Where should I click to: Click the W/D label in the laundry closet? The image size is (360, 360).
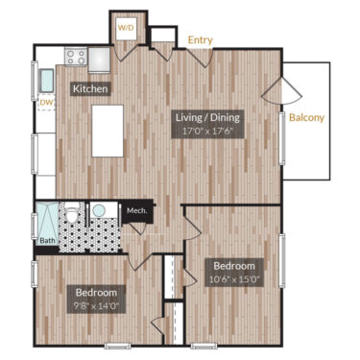126,28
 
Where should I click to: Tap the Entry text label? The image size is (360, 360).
201,40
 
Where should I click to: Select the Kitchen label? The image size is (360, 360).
89,89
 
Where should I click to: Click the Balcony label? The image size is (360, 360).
306,119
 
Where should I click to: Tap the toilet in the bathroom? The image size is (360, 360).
72,215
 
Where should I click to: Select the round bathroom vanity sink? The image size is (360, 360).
98,211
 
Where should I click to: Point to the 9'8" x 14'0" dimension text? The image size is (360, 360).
97,307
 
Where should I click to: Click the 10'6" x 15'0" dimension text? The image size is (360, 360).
235,280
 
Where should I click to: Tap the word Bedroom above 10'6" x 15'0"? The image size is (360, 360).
234,265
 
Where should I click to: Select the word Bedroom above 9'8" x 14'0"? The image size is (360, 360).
97,292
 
